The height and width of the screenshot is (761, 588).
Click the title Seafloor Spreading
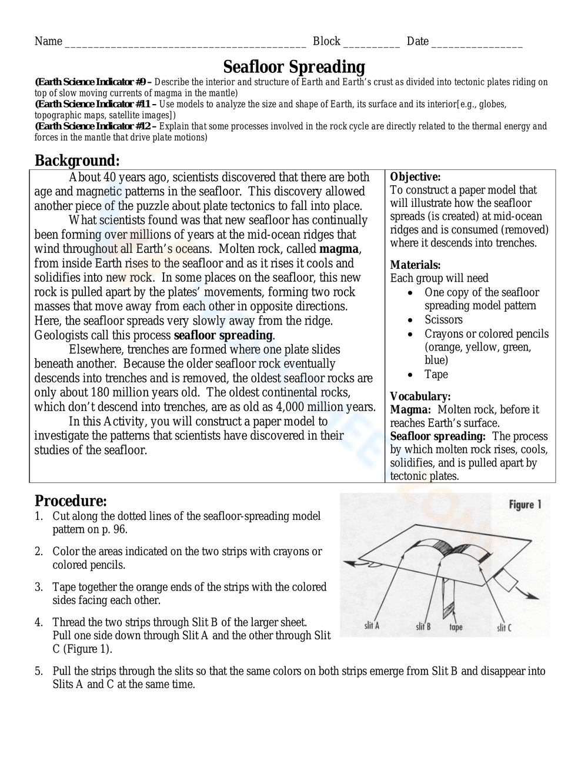pos(294,66)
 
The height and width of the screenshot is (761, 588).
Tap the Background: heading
pos(77,161)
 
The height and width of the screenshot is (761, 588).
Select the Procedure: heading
pos(71,501)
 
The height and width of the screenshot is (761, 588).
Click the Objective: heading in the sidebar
pos(415,177)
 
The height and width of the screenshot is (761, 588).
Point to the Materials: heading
pos(415,265)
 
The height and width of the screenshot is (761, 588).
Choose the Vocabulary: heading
pos(420,396)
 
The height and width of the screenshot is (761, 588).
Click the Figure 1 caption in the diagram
pos(524,505)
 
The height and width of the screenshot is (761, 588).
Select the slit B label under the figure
pos(423,627)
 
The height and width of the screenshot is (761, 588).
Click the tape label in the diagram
pos(456,628)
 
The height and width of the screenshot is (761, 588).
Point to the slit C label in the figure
pos(504,628)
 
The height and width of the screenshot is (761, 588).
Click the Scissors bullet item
pos(443,320)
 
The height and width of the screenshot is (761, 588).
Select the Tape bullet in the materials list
pos(436,375)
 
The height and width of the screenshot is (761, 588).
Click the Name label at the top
pos(48,41)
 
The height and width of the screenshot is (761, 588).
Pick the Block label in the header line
pos(326,41)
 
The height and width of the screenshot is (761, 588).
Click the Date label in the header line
pos(417,41)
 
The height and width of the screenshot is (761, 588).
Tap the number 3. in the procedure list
pos(39,588)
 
